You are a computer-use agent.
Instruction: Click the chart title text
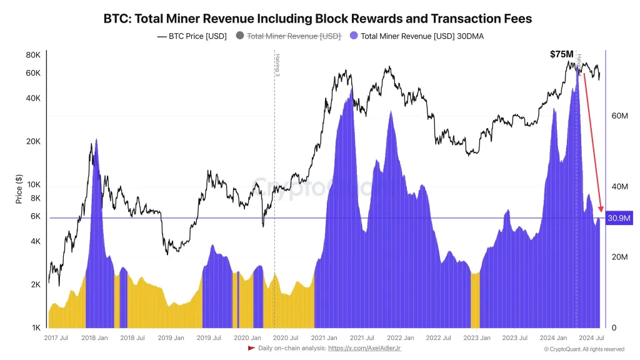[x=318, y=19]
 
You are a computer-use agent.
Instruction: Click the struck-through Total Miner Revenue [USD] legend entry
[x=288, y=36]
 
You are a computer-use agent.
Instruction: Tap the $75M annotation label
[x=561, y=54]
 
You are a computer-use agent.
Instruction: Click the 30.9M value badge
[x=619, y=218]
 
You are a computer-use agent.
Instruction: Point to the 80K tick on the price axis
[x=33, y=55]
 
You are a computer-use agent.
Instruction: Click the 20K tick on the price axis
[x=33, y=142]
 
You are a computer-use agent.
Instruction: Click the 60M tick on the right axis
[x=619, y=116]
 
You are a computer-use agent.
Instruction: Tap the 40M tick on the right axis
[x=619, y=187]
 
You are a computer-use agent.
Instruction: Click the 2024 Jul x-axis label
[x=590, y=338]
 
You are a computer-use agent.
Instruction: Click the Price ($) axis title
[x=19, y=190]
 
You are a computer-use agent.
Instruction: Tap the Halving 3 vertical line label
[x=277, y=65]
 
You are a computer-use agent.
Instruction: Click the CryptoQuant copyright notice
[x=584, y=349]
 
